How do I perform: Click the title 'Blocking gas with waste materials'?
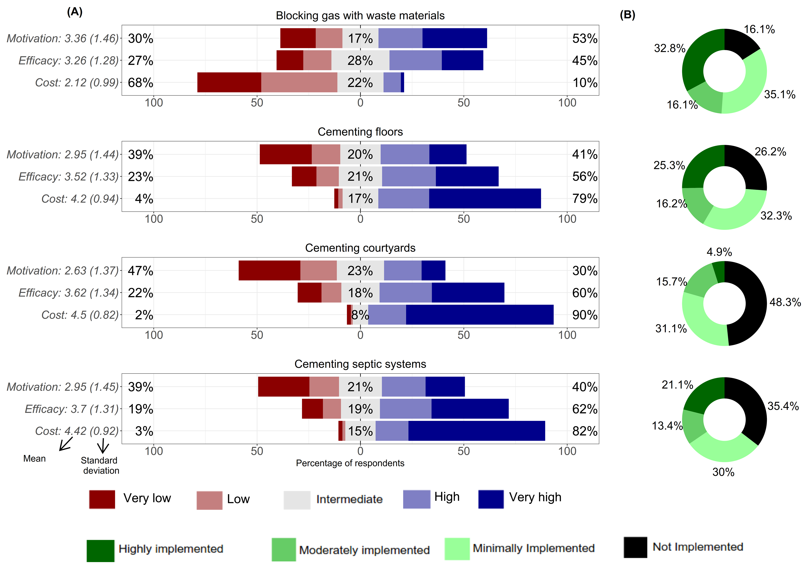(360, 16)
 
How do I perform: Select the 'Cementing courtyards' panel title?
(360, 248)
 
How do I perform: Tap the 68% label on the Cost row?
(140, 83)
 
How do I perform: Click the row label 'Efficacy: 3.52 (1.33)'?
(69, 177)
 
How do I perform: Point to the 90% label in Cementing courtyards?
(585, 315)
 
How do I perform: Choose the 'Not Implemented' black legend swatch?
(635, 547)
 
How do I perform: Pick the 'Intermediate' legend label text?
(349, 499)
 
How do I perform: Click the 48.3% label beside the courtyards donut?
(785, 302)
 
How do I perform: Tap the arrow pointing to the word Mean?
(66, 444)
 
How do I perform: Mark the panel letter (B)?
(627, 15)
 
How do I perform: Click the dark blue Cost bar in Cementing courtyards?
(479, 315)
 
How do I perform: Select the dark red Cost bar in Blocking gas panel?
(229, 83)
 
